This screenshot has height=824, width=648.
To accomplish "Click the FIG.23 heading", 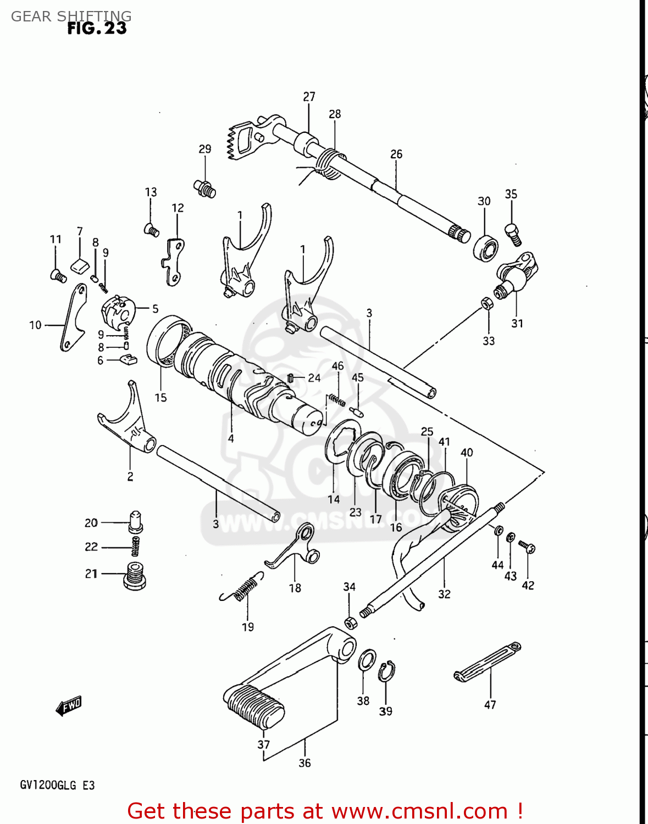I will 97,28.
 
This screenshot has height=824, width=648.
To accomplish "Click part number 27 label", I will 309,97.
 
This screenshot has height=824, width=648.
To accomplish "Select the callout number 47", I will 490,705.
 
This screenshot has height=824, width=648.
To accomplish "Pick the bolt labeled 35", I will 513,235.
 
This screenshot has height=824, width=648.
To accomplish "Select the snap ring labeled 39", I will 386,671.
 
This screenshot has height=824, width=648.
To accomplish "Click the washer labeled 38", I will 367,660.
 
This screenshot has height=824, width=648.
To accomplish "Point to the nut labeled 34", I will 350,622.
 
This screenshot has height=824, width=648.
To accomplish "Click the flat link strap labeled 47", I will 488,661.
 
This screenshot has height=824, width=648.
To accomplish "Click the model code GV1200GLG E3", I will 57,785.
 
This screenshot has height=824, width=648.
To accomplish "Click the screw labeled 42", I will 528,547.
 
